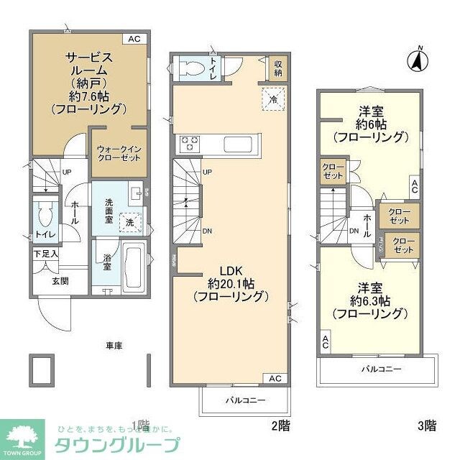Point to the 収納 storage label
tap(278, 68)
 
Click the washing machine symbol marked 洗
tap(130, 224)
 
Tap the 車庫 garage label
tap(114, 346)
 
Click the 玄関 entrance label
tap(60, 281)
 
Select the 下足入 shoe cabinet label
tap(46, 254)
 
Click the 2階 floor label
tap(280, 425)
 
